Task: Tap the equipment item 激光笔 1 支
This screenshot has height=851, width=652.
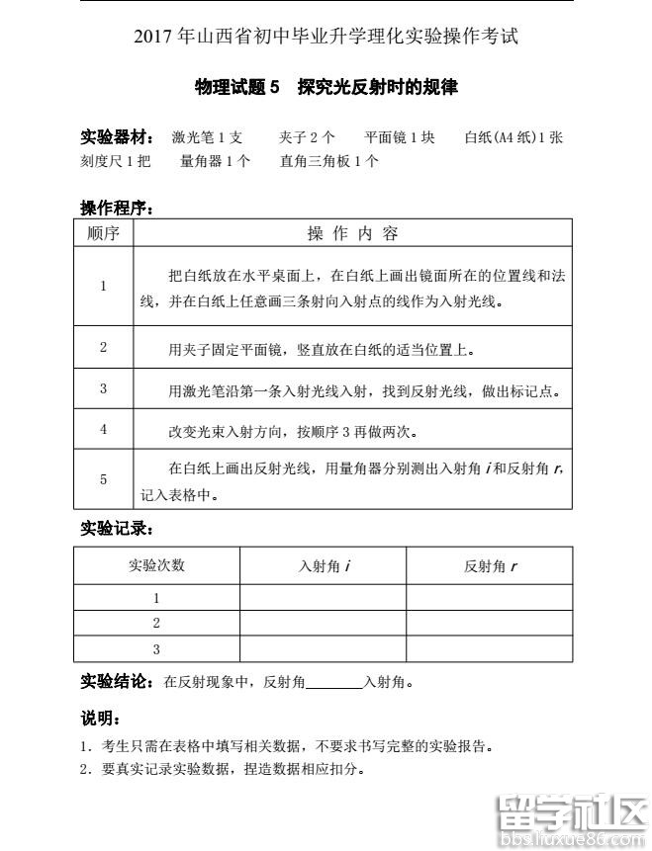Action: (207, 137)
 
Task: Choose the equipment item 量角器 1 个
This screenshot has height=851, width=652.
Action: (215, 161)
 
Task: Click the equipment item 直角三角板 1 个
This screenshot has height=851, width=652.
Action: (328, 161)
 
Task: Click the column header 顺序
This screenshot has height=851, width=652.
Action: (103, 233)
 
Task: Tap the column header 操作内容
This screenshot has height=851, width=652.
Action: (352, 233)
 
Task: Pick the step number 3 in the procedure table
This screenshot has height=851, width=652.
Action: (103, 389)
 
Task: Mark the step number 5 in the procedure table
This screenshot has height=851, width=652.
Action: (103, 479)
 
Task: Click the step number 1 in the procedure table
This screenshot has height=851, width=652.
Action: (103, 286)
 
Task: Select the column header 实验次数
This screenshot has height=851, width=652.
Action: (156, 565)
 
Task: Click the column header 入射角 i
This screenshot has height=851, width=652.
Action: (324, 566)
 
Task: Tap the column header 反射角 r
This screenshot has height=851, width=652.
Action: (490, 566)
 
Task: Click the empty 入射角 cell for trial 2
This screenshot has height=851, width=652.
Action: (324, 624)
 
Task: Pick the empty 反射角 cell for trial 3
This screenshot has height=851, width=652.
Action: (490, 649)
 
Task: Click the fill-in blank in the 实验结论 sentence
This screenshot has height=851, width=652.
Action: (336, 682)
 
